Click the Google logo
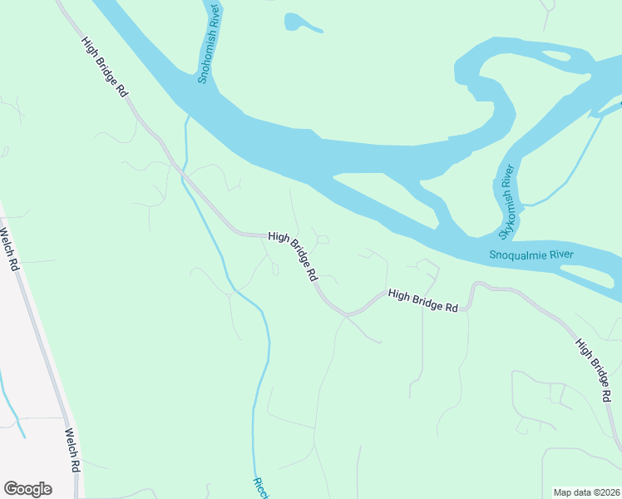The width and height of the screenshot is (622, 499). pos(27,489)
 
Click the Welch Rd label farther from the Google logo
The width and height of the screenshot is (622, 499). pos(9,250)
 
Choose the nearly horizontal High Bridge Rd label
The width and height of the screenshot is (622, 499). pos(423,300)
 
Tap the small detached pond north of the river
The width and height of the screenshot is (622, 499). pos(301,22)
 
